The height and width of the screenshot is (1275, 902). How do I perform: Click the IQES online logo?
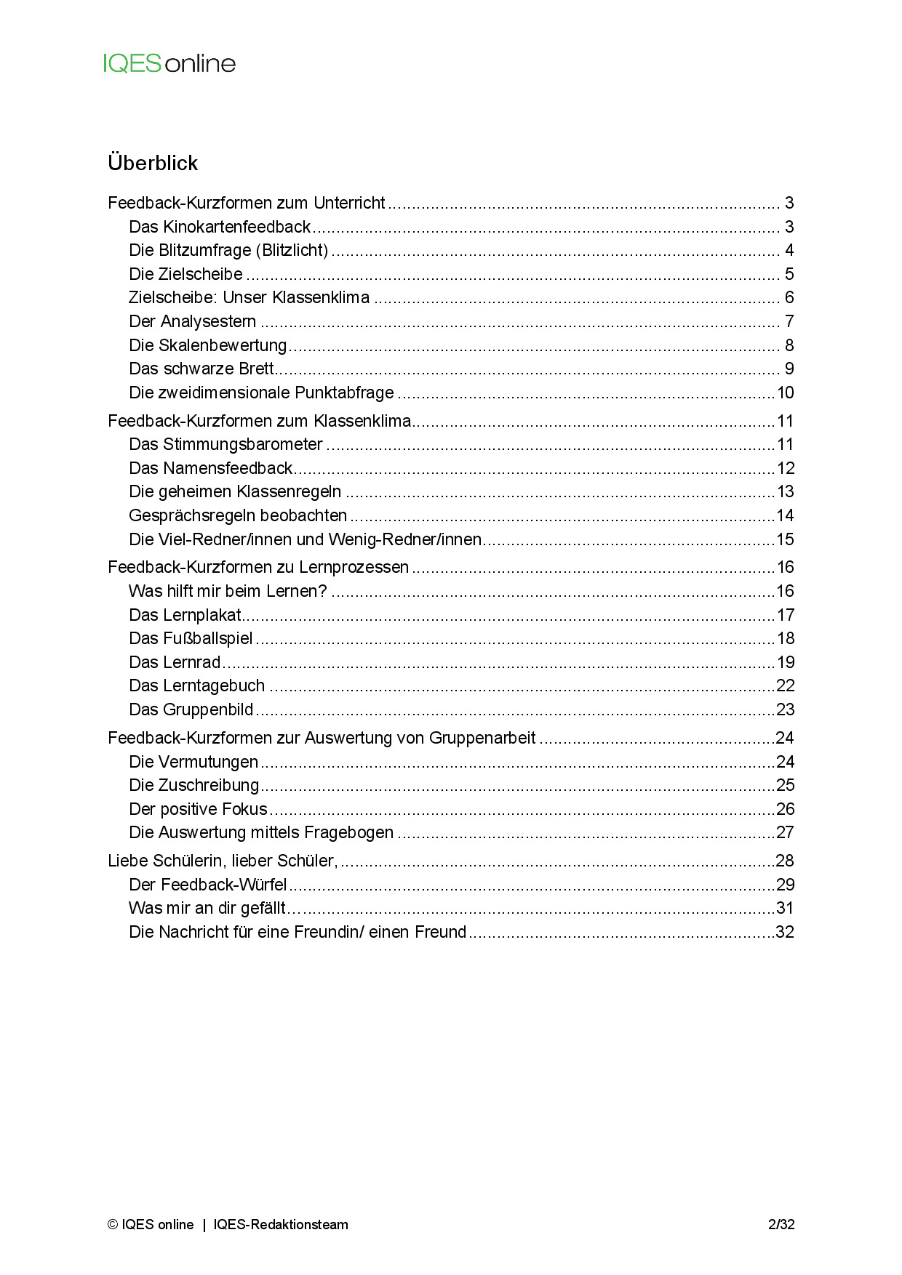169,64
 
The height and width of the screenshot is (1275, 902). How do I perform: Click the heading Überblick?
153,163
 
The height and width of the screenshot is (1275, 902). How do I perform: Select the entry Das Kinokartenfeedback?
220,227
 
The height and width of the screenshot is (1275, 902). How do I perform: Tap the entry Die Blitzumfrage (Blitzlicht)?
228,250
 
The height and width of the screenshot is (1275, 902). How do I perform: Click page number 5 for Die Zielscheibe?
789,274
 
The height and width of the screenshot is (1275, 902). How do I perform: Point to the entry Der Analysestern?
192,321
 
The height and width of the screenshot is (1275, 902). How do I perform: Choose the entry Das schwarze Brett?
201,369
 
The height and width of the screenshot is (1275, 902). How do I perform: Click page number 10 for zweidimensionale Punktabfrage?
786,393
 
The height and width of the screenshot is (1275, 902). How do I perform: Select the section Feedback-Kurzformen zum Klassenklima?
259,421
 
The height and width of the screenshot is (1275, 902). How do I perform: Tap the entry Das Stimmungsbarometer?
225,444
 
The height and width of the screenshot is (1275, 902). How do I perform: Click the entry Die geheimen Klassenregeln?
235,491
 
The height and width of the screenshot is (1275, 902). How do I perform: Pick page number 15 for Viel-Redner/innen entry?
786,539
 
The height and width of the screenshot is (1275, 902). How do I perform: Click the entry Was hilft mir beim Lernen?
228,591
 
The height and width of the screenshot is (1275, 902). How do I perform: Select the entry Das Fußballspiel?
191,638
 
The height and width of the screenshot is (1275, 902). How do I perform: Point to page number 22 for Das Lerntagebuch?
786,685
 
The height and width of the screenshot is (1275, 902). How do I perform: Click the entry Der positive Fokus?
198,809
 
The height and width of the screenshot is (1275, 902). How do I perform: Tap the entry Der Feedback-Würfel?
208,885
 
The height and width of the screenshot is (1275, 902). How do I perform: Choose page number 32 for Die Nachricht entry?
786,932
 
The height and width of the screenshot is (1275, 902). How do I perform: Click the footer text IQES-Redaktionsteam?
281,1225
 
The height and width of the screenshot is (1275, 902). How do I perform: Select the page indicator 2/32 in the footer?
781,1225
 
